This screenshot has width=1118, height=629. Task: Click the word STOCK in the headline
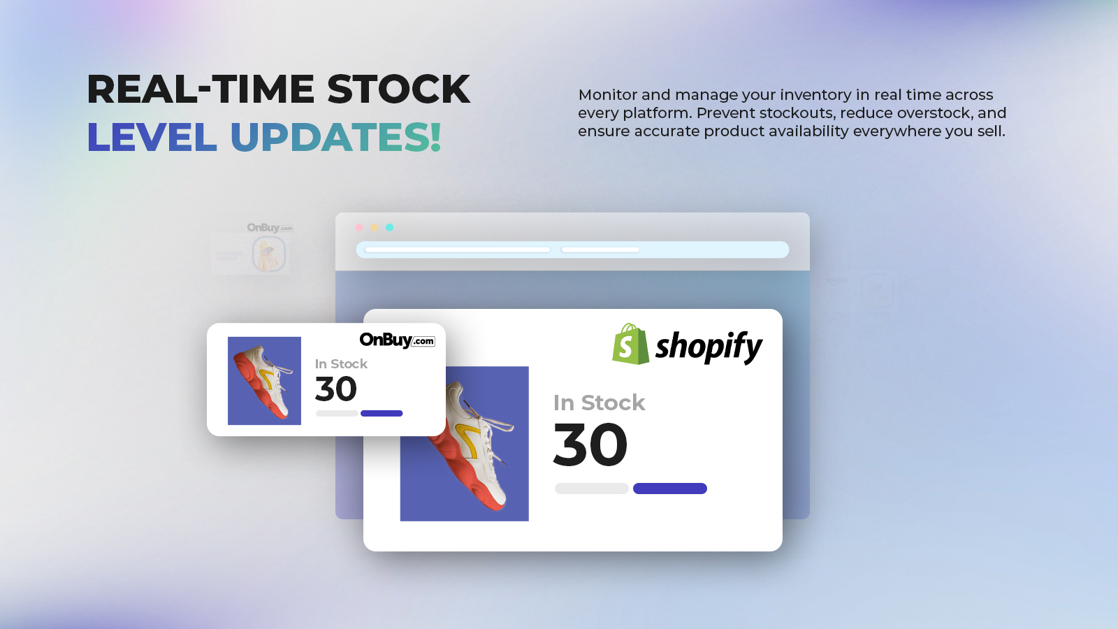coord(398,89)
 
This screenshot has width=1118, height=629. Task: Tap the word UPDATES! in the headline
coord(336,137)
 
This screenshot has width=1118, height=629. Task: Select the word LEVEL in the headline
coord(152,137)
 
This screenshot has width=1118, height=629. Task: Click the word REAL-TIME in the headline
coord(201,89)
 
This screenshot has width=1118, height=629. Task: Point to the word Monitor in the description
coord(607,94)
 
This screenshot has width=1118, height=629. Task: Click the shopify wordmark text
coord(709,347)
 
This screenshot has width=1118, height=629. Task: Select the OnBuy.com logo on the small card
coord(398,340)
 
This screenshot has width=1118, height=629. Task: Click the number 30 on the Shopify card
coord(590,444)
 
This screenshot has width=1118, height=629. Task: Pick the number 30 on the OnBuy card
coord(336,389)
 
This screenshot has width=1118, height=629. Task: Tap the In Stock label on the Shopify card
coord(599,403)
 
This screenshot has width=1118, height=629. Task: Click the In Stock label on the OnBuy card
coord(341,363)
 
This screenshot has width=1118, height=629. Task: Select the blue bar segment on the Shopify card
coord(670,489)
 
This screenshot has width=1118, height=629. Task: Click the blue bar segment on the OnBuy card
coord(382,413)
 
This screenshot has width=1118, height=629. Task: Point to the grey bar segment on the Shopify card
coord(591,489)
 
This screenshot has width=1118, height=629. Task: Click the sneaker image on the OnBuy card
coord(264,381)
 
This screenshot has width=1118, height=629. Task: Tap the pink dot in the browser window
coord(359,228)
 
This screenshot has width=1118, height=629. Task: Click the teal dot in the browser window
coord(389,228)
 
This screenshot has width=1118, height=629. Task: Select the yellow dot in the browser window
coord(375,228)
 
